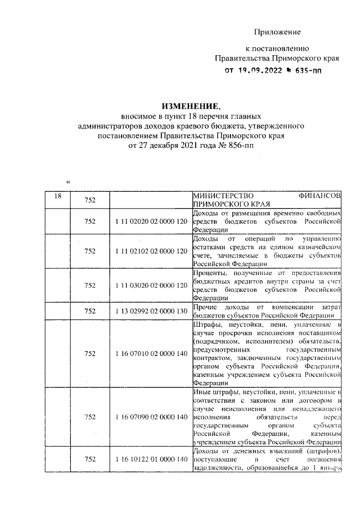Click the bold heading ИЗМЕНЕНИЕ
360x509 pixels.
click(x=189, y=106)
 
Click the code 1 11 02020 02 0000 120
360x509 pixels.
click(x=150, y=222)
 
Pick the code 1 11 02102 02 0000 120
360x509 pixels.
click(x=150, y=250)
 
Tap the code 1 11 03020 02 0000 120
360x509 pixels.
click(x=150, y=285)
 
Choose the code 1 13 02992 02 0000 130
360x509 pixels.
click(x=150, y=310)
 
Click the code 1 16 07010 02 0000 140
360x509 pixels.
click(x=150, y=353)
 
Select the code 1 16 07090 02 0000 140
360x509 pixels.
click(x=150, y=417)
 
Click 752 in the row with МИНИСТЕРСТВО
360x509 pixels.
click(x=89, y=200)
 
